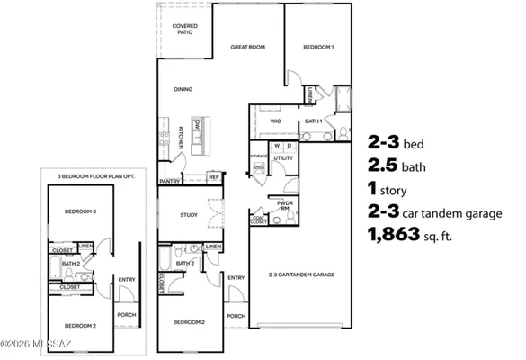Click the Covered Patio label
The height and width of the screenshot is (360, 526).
tap(184, 30)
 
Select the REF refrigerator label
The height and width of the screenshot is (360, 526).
tap(214, 177)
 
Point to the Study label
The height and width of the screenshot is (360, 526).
tap(188, 215)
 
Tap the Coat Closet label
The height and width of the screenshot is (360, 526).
tap(260, 219)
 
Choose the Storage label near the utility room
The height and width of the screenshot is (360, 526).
tap(259, 157)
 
